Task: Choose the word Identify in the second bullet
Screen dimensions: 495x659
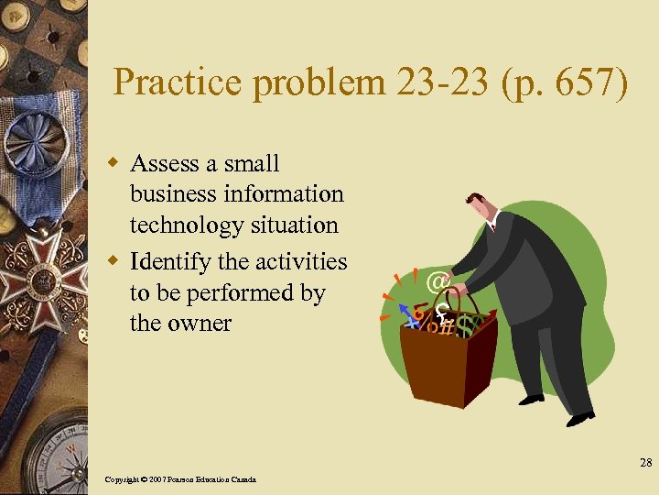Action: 169,261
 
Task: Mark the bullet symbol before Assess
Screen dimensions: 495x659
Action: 115,164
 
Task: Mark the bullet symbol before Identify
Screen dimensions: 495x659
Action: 115,262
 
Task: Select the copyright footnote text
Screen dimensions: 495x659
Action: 180,479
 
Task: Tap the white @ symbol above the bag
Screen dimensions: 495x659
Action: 437,280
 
